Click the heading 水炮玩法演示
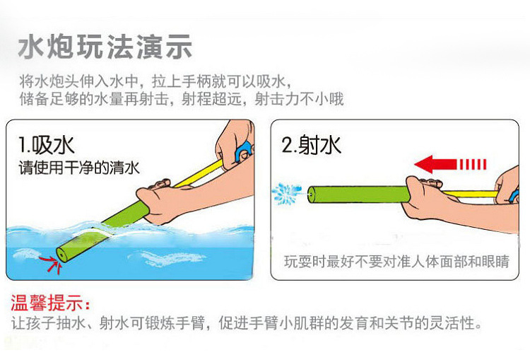pos(105,48)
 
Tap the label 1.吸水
pos(47,146)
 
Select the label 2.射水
pos(311,145)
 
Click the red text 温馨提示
pos(50,306)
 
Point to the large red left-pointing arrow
pos(450,166)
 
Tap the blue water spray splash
pos(288,192)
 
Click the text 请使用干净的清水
pos(78,168)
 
